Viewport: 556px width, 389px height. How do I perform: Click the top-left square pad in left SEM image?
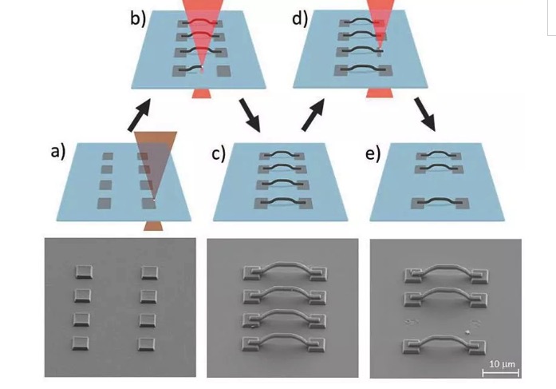point(84,272)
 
